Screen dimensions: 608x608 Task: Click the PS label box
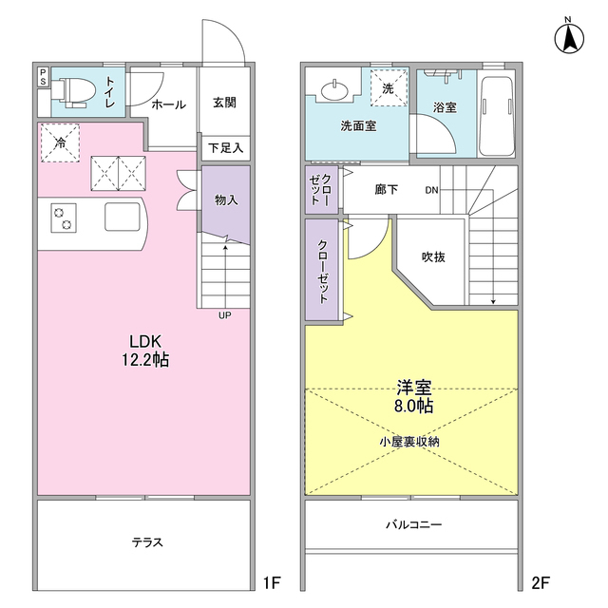(43, 77)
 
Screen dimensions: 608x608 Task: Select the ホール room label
(167, 104)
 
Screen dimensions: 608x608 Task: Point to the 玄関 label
(224, 104)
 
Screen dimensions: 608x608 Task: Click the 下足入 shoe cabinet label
(225, 148)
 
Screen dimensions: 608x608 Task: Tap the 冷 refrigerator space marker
(60, 143)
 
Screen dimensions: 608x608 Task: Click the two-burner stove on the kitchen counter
(63, 218)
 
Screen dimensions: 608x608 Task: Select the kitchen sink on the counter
(122, 217)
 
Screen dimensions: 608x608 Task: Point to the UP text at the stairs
(225, 316)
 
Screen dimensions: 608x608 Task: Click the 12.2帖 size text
(146, 360)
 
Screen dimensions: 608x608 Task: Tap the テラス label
(146, 542)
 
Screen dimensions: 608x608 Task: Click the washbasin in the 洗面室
(334, 90)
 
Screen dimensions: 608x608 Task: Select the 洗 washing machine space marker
(388, 88)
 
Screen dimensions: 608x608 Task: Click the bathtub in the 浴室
(497, 112)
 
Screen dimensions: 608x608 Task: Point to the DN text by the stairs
(430, 189)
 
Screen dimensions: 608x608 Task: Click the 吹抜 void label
(434, 257)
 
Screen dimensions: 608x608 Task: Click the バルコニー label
(413, 524)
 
